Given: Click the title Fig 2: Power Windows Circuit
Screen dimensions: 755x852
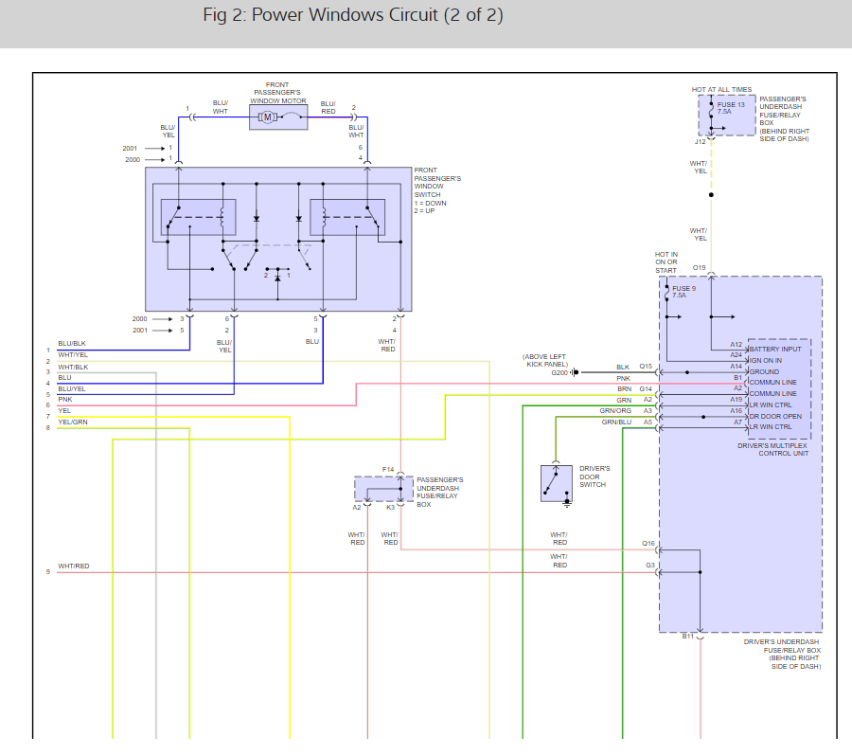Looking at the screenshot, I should [x=352, y=16].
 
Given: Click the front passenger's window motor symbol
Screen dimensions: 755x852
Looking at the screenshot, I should [x=268, y=117].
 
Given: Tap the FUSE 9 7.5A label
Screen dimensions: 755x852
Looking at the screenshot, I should [x=683, y=291].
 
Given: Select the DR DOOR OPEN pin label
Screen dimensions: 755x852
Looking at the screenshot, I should [x=774, y=415].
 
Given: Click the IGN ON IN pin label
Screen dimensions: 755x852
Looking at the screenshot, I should [x=765, y=360].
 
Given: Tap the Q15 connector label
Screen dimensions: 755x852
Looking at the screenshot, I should [x=646, y=367].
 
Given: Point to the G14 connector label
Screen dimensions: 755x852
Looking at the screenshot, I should [x=646, y=388].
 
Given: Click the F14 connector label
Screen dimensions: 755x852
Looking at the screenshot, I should [x=388, y=469].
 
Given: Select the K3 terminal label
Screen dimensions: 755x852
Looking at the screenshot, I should [x=390, y=508].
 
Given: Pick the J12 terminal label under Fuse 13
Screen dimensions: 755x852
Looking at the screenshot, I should [x=701, y=142].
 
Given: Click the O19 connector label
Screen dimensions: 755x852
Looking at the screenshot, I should [x=700, y=268].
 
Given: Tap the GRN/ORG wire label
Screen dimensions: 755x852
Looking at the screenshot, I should [x=615, y=410].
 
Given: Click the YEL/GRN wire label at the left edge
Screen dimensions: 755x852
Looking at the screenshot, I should [x=73, y=422].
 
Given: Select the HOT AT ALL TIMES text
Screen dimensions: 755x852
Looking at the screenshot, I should [x=721, y=90].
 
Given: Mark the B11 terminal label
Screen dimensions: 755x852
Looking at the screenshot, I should [x=688, y=637].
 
